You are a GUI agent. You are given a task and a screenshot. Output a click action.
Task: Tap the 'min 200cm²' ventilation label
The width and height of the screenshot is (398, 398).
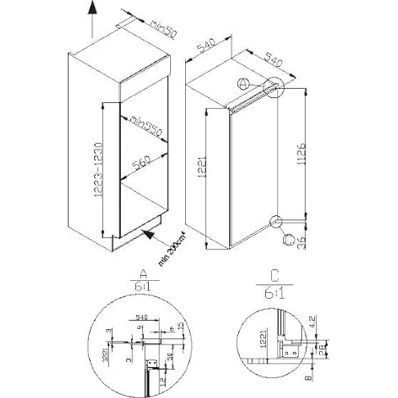coord(171,249)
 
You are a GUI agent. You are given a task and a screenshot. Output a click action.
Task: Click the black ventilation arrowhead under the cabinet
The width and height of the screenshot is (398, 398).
coord(149,236)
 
